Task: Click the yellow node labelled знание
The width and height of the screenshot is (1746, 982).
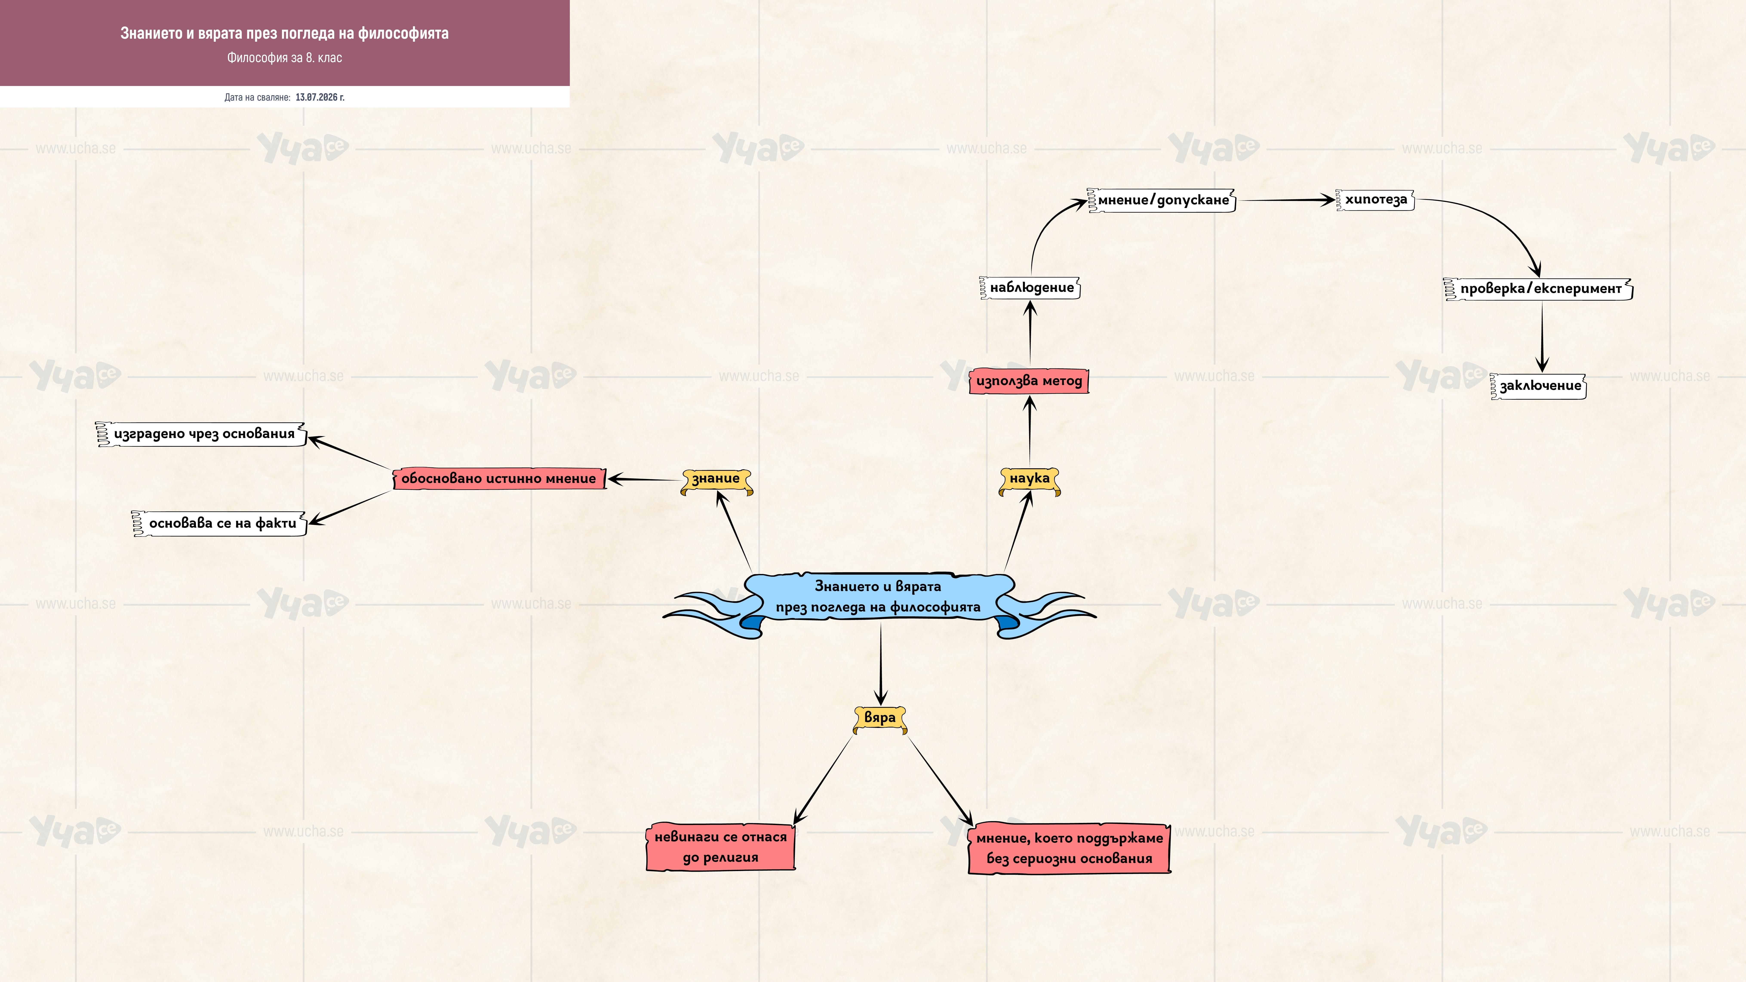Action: [x=716, y=480]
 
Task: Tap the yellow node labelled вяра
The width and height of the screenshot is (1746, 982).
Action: [x=880, y=718]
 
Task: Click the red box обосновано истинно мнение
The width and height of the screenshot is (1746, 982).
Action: [x=500, y=479]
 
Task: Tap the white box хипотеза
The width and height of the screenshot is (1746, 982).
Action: [x=1375, y=200]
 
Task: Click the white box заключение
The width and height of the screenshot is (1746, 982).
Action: [x=1539, y=386]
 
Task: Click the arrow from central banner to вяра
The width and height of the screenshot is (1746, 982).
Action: [x=881, y=664]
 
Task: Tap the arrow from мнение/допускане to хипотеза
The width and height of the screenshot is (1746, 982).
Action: [x=1286, y=200]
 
